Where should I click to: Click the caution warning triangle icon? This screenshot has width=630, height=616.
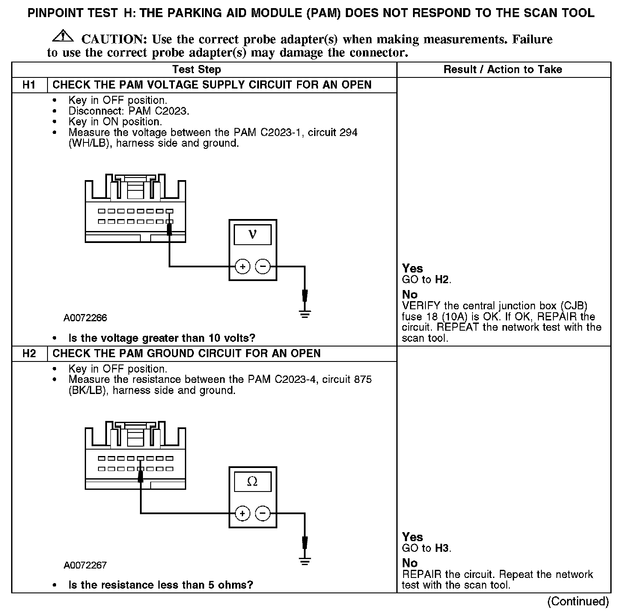click(x=62, y=36)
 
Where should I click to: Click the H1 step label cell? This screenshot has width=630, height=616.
click(x=29, y=85)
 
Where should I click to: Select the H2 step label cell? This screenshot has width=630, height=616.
click(x=29, y=353)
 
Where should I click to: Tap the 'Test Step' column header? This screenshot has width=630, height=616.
click(x=196, y=69)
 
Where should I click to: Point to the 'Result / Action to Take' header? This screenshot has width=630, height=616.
click(x=503, y=69)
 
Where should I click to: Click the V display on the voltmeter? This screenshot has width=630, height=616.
click(x=253, y=234)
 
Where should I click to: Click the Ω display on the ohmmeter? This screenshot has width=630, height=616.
click(x=253, y=482)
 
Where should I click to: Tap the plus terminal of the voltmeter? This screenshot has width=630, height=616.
click(x=243, y=267)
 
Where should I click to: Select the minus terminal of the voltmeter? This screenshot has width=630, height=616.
click(x=263, y=267)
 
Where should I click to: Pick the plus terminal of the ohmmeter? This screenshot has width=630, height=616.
click(x=243, y=513)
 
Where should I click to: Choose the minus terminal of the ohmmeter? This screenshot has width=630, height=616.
click(x=263, y=513)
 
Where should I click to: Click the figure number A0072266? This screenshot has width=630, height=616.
click(x=85, y=318)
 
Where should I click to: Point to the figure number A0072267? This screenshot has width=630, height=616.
click(x=85, y=565)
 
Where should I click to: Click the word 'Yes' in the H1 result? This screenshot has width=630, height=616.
click(x=413, y=269)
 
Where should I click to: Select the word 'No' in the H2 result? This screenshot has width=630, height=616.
click(x=410, y=563)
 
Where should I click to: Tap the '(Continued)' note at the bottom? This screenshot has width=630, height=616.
click(x=578, y=601)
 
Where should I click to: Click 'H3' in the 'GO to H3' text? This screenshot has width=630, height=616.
click(x=442, y=548)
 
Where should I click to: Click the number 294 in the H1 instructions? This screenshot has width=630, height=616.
click(x=348, y=132)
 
